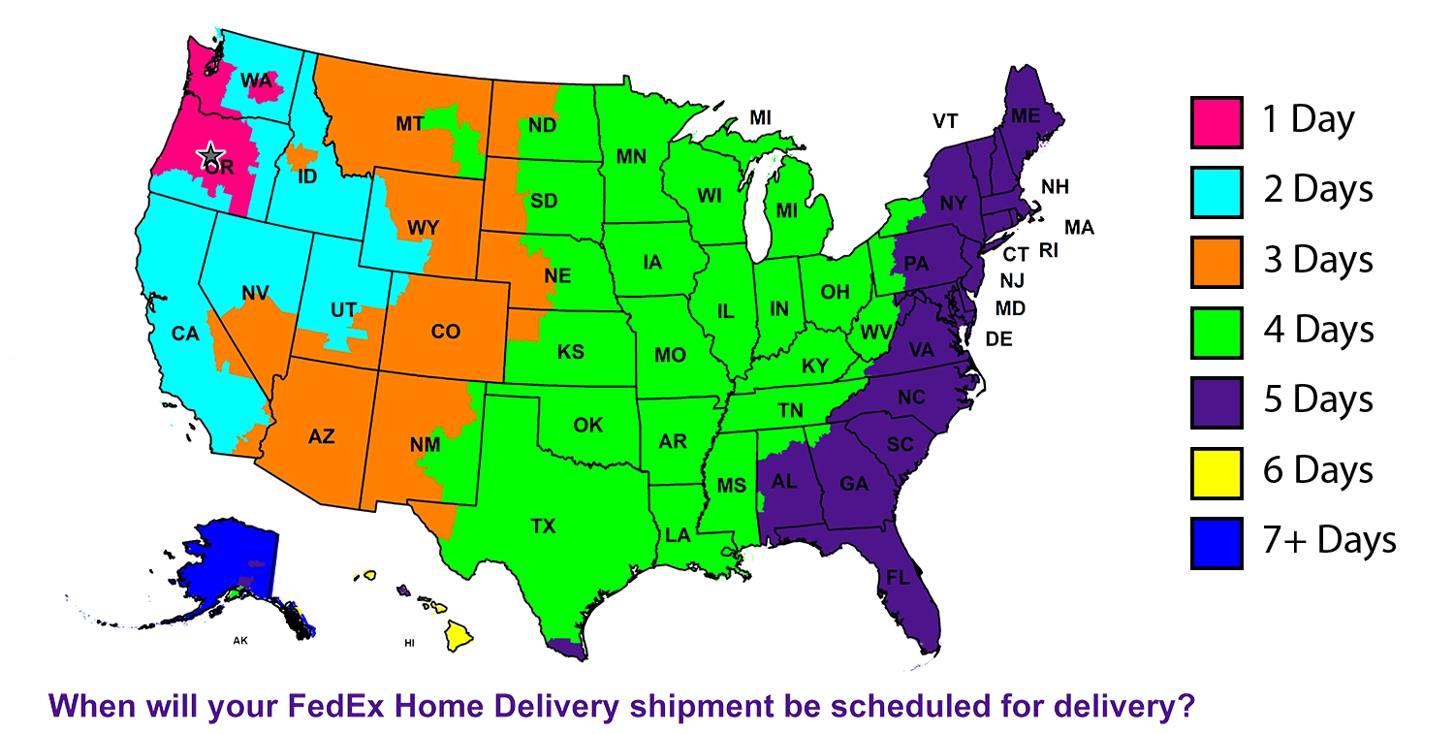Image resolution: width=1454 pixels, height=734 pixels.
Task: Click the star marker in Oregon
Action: [x=208, y=154]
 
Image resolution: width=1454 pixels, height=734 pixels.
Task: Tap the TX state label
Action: [x=543, y=527]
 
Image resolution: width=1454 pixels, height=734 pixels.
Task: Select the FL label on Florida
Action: [x=898, y=577]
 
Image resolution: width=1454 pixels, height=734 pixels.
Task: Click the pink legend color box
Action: [x=1216, y=123]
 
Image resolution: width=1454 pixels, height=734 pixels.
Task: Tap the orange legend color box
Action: [x=1216, y=263]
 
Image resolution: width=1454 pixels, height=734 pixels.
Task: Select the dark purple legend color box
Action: [x=1216, y=402]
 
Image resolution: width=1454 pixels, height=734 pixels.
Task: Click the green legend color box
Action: [x=1216, y=333]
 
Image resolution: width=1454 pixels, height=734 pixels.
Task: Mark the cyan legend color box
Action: [x=1216, y=193]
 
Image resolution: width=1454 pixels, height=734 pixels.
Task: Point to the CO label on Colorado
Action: [x=445, y=332]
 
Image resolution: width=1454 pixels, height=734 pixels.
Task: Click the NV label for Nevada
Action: [x=255, y=292]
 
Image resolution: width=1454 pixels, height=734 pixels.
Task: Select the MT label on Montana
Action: [x=409, y=123]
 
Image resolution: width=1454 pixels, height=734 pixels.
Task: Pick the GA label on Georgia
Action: [x=854, y=484]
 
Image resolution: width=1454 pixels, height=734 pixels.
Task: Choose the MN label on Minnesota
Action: [x=632, y=155]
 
